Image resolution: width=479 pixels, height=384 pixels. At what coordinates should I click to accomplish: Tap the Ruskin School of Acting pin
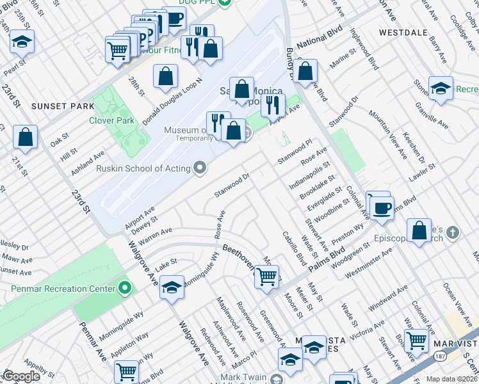[200, 168]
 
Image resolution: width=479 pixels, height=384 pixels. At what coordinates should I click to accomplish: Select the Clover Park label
[111, 120]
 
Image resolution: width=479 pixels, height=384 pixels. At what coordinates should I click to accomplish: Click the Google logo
[20, 376]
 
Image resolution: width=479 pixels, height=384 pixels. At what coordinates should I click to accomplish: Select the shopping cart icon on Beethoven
[266, 277]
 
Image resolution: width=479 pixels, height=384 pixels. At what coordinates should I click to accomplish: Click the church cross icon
[453, 232]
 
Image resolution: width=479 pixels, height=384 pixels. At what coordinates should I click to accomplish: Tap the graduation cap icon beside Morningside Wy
[171, 288]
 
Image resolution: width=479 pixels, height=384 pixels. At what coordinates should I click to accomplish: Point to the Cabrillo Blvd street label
[295, 246]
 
